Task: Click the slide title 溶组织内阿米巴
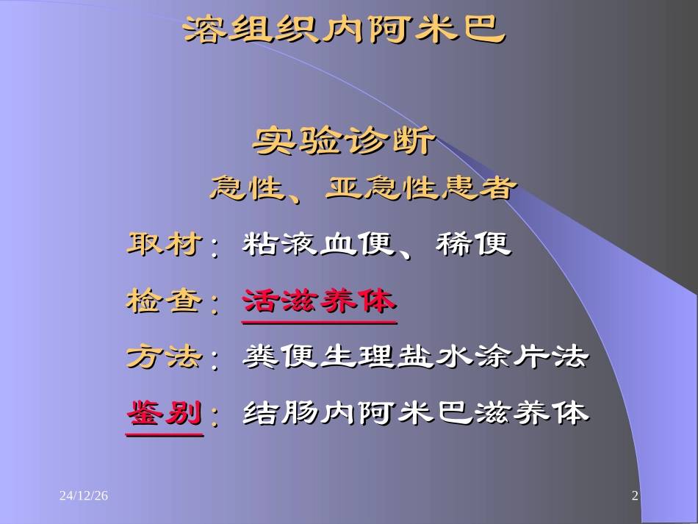tap(344, 29)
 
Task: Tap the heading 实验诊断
tap(344, 140)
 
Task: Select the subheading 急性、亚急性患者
tap(360, 189)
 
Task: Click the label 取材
tap(164, 244)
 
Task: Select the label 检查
tap(164, 301)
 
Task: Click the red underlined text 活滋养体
tap(319, 301)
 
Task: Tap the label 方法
tap(164, 357)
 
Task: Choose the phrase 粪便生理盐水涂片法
tap(416, 357)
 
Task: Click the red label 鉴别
tap(164, 414)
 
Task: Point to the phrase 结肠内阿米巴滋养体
tap(416, 414)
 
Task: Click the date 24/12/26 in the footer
tap(84, 497)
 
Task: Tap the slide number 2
tap(635, 497)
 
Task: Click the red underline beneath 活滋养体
tap(319, 322)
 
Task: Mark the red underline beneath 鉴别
tap(164, 434)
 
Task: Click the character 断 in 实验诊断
tap(412, 140)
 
